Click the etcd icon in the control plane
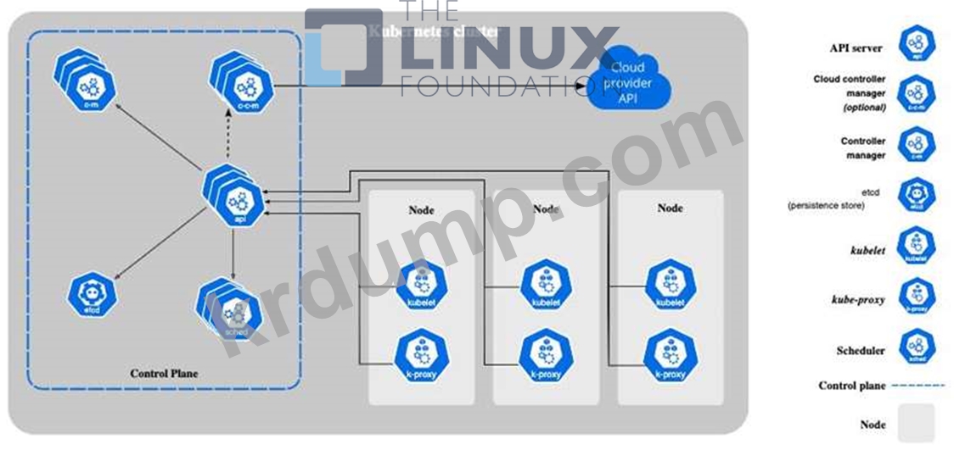click(92, 294)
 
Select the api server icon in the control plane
click(238, 196)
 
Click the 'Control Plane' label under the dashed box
click(164, 373)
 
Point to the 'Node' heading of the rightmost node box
click(671, 207)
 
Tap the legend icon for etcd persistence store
click(916, 194)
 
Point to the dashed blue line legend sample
click(919, 386)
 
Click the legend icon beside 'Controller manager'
click(916, 145)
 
